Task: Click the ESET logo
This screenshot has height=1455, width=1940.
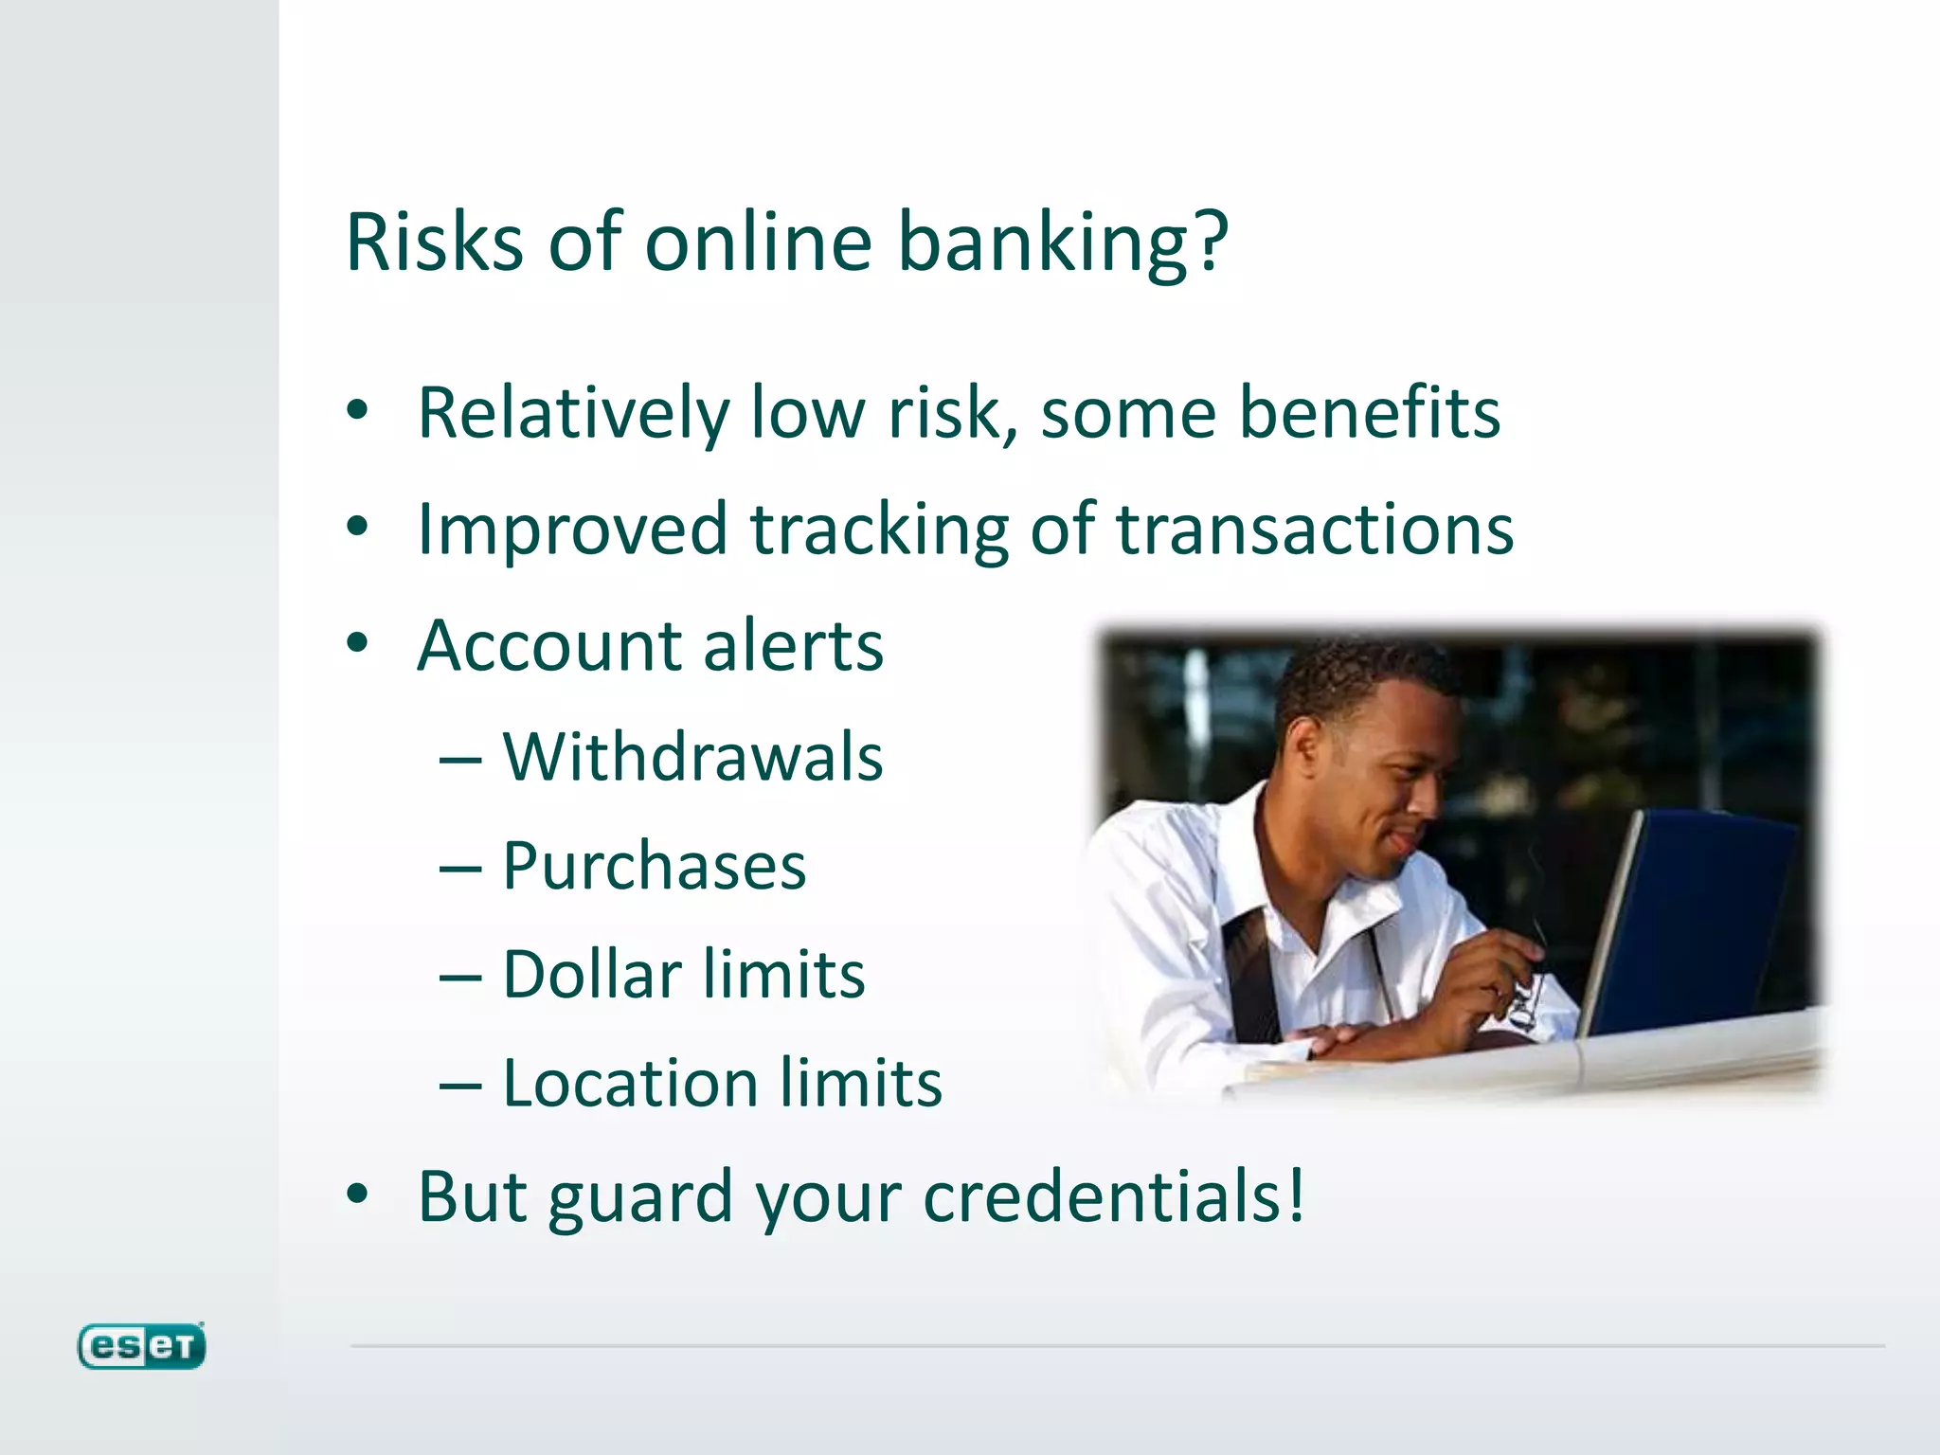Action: click(141, 1346)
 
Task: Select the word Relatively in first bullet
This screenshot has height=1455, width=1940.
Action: click(572, 414)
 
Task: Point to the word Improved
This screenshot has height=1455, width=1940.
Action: click(571, 530)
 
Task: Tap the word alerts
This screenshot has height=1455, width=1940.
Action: click(793, 646)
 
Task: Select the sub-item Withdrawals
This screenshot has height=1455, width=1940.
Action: click(692, 758)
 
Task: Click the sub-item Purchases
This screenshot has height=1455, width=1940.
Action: click(654, 866)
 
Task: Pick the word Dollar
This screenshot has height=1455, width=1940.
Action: click(591, 975)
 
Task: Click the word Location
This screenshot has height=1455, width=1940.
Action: click(629, 1084)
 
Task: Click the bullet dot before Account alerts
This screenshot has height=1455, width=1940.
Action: click(357, 644)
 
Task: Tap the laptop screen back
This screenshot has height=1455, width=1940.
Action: click(1705, 919)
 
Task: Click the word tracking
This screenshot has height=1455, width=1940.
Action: click(880, 530)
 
